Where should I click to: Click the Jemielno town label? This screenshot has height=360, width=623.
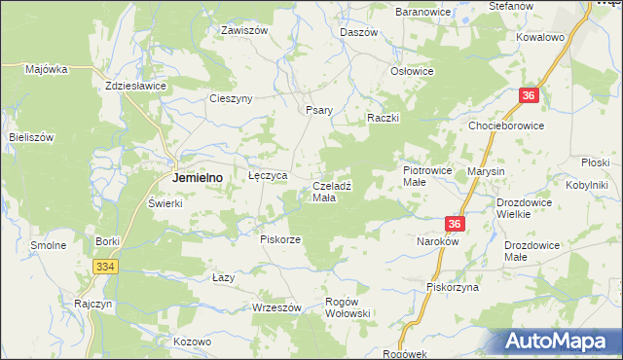pos(198,178)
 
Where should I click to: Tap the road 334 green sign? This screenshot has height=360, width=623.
pos(106,267)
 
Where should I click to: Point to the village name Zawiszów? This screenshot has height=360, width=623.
pos(243,30)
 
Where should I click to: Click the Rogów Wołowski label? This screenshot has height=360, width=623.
pos(348,307)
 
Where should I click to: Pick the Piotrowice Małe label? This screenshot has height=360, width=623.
pos(427,175)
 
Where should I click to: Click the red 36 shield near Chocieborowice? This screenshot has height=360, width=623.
pos(529,95)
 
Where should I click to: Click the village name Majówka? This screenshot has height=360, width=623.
pos(46,69)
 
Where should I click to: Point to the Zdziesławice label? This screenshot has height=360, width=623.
pos(136,86)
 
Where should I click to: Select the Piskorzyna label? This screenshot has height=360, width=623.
pos(453,287)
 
